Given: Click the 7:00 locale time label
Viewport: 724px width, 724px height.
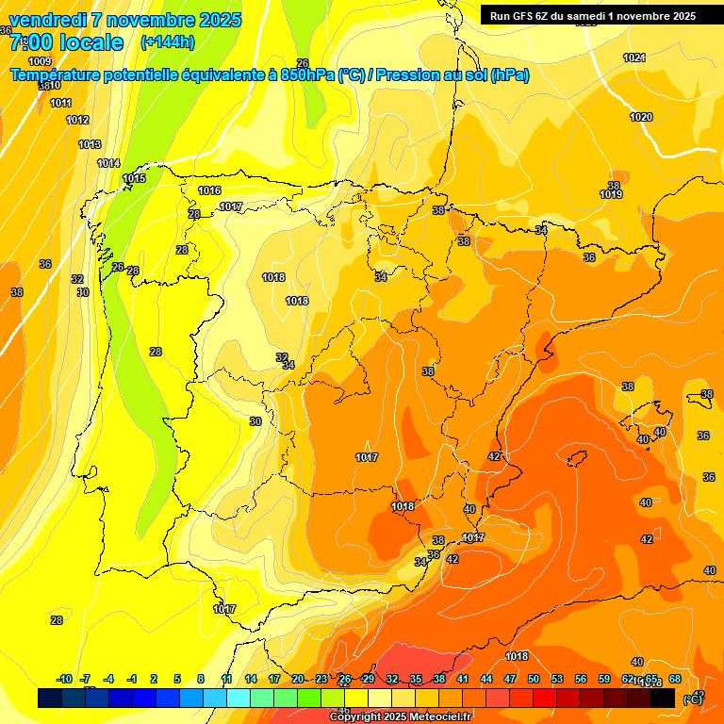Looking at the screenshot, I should coord(66,42).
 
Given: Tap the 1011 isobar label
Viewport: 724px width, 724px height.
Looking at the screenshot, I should coord(60,103).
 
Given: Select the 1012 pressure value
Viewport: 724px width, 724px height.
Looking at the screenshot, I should coord(77,120).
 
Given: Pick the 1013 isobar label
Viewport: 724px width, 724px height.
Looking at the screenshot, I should coord(90,144).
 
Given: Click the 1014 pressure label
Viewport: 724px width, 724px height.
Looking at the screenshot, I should coord(108,163).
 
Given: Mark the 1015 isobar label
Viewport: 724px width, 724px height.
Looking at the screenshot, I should coord(134,178).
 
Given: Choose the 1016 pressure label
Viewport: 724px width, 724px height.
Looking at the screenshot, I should coord(209,190).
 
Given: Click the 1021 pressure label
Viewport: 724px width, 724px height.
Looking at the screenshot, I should coord(634,58).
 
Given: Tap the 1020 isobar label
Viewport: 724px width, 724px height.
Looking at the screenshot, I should coord(641,117).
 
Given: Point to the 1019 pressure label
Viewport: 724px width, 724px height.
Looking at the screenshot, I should coord(611,194).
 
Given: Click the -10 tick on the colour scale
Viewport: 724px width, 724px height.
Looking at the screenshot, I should coord(64,679).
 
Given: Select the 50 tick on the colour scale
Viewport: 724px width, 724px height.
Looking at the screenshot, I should coord(534,679).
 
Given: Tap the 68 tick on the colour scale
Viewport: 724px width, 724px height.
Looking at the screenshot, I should coord(675,679).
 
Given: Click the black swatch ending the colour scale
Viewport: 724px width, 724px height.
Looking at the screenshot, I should coord(663,698).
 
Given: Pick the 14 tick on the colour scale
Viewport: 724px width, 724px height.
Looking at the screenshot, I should coord(251,679).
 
